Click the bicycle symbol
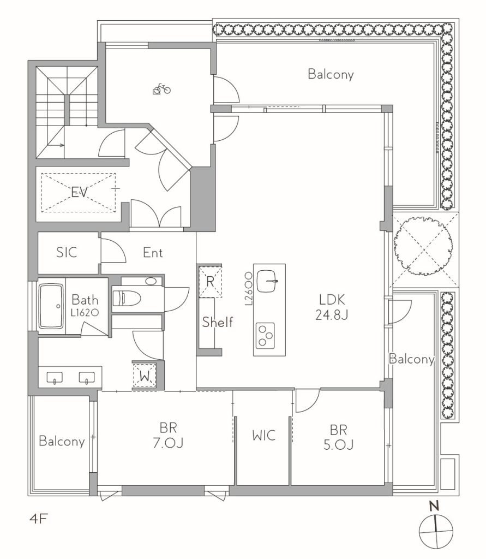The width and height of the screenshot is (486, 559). pos(161,89)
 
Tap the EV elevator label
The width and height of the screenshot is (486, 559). pos(79,193)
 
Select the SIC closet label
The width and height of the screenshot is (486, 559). pos(67,252)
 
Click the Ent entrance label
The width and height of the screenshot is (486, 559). pos(153,253)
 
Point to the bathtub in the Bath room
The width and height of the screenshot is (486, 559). pos(51,306)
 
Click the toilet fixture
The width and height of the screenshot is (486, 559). pos(127,298)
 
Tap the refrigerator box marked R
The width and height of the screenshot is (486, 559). pos(210,282)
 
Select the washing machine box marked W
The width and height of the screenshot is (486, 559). pos(145,375)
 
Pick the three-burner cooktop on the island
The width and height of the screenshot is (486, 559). pos(266,335)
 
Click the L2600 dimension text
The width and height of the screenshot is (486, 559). pos(249,288)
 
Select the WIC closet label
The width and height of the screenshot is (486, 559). pos(263,435)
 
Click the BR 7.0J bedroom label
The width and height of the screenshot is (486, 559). pos(168,435)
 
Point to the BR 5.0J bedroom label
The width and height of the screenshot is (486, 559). pos(339,437)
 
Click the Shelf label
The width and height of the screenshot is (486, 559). pos(217,322)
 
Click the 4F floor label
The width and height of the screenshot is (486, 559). pos(38,519)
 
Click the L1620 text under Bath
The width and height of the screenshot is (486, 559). pos(85,313)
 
